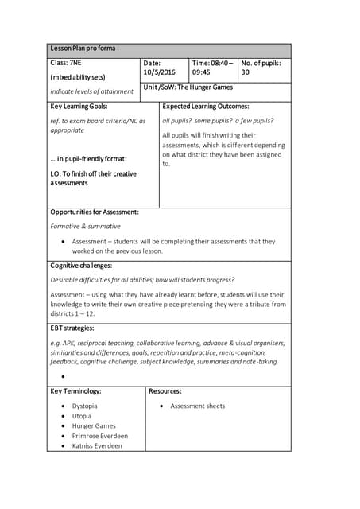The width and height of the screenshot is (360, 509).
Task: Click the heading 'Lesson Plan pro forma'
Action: tap(83, 49)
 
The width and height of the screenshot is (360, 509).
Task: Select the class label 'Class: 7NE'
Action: tap(68, 63)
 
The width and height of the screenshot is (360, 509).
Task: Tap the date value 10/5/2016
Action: tap(159, 72)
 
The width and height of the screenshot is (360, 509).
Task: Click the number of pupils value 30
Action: tap(246, 72)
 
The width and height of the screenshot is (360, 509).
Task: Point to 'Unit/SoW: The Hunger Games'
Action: tap(188, 87)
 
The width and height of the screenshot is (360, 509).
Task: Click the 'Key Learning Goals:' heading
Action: tap(79, 106)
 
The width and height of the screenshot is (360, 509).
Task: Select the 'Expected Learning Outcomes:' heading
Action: tap(206, 106)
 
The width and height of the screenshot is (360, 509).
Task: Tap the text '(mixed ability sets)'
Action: tap(78, 77)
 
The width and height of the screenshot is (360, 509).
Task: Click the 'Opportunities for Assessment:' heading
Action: tap(95, 212)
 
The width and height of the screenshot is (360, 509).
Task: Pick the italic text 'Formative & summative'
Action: tap(85, 227)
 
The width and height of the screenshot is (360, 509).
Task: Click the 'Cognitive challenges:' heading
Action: tap(81, 266)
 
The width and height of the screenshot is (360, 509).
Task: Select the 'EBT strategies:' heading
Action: tap(72, 328)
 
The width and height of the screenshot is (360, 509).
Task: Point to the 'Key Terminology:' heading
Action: tap(75, 391)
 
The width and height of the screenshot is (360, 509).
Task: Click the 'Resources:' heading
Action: tap(165, 391)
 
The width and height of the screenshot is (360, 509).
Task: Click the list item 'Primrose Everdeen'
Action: tap(99, 436)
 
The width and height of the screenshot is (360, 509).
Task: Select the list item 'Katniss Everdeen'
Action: tap(97, 446)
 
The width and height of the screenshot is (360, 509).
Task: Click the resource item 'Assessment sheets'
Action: tap(197, 406)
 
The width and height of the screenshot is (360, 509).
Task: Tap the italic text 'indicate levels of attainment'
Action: tap(91, 91)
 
